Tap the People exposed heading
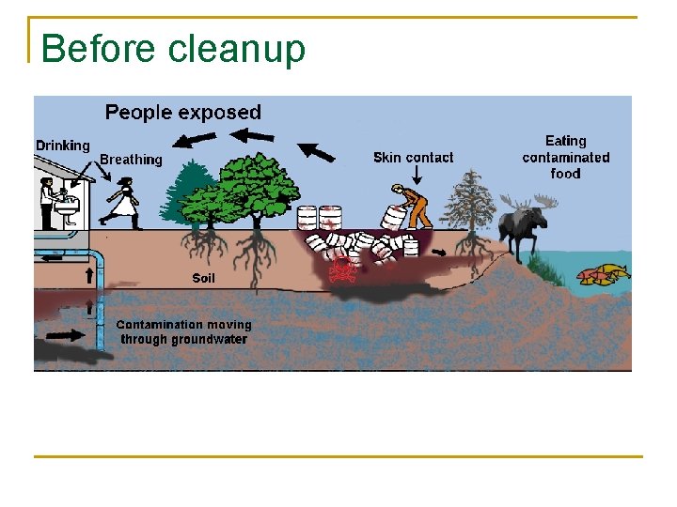182,113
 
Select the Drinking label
63,146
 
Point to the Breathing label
131,160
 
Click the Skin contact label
413,158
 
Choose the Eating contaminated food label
565,157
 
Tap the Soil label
203,278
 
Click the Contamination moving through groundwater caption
183,332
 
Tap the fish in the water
603,274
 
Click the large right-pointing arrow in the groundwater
64,334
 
